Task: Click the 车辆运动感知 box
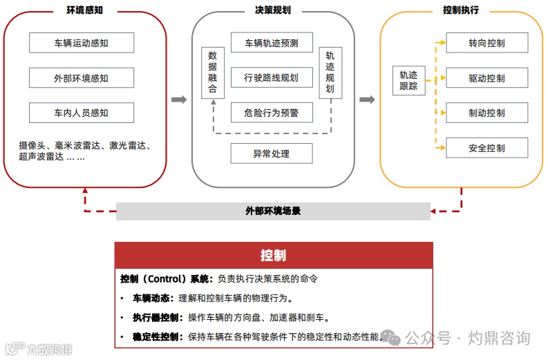(x=81, y=43)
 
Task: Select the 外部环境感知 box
(x=81, y=78)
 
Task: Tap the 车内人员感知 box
(x=81, y=113)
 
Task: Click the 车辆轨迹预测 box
(x=272, y=43)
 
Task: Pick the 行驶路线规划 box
(x=272, y=77)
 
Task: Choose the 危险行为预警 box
(x=272, y=112)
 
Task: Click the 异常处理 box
(x=272, y=153)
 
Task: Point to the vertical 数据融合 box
(x=212, y=73)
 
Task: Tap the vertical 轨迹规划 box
(x=330, y=73)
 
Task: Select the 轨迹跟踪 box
(x=408, y=81)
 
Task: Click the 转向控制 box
(x=486, y=43)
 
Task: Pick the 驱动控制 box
(x=486, y=78)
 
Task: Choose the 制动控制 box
(x=486, y=113)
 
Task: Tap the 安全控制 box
(x=486, y=148)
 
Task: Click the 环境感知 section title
(x=86, y=10)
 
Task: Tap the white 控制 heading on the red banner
(x=273, y=255)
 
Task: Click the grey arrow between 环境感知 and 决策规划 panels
(x=179, y=100)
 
